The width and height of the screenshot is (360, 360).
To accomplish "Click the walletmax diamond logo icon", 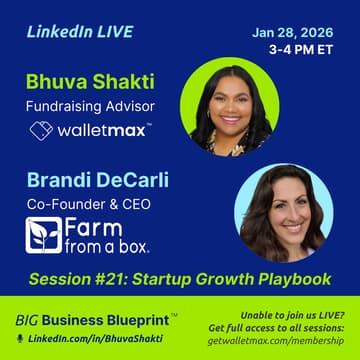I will click(40, 131).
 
